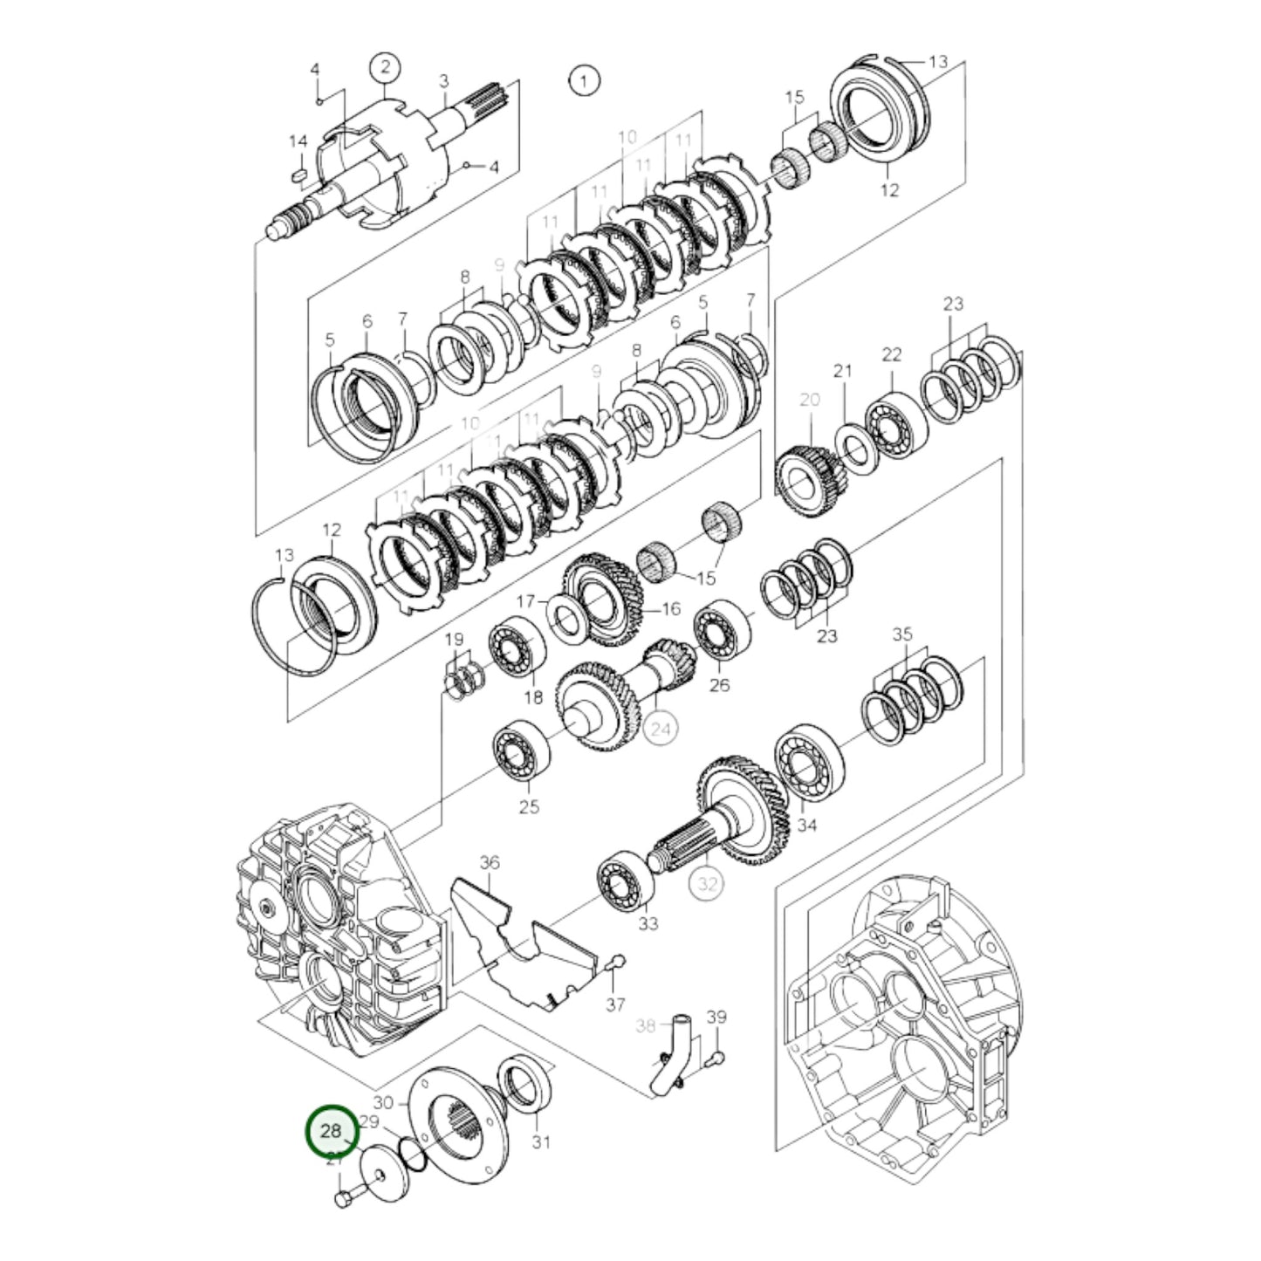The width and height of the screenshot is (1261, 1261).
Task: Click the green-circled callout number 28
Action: coord(332,1131)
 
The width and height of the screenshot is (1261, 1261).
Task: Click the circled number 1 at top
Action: coord(584,81)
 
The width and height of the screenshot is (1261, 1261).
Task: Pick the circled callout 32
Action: coord(707,883)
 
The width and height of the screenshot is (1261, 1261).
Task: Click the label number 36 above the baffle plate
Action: coord(490,862)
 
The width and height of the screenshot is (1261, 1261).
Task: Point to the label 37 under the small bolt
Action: coord(615,1004)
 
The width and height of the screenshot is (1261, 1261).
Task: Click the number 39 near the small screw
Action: coord(716,1017)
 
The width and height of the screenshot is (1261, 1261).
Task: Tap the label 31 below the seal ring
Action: coord(541,1141)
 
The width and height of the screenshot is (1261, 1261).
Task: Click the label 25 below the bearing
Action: coord(529,806)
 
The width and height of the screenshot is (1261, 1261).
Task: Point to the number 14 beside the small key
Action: coord(298,141)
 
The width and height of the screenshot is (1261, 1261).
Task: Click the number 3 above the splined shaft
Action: coord(443,81)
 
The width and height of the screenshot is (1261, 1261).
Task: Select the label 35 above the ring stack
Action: coord(902,634)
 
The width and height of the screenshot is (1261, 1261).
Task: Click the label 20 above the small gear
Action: coord(810,400)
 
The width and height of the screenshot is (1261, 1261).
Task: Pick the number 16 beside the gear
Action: coord(670,608)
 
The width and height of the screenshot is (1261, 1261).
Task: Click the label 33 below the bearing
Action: coord(648,923)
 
